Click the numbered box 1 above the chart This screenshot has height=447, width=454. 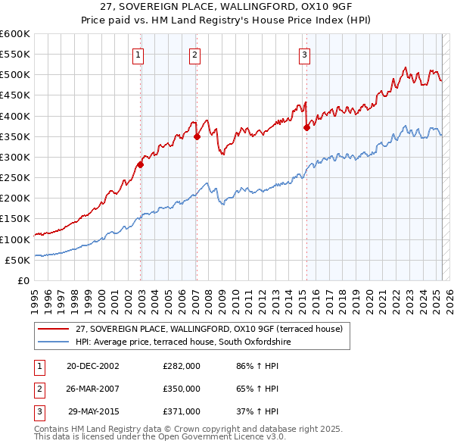[140, 54]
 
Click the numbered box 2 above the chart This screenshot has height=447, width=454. [194, 54]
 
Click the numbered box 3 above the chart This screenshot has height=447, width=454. [303, 54]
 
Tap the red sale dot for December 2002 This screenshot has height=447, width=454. [141, 164]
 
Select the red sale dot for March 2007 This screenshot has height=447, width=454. [197, 136]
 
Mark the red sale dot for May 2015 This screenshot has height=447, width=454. [306, 128]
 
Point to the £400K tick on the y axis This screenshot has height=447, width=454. [15, 116]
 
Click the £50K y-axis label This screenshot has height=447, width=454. [17, 260]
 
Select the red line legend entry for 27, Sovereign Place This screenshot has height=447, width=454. [210, 329]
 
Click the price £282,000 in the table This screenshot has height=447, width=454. [182, 365]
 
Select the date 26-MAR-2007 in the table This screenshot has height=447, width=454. [93, 388]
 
